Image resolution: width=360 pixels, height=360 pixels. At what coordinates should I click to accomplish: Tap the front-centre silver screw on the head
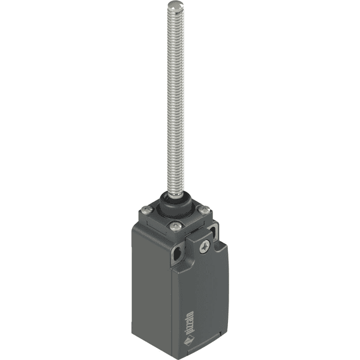[175, 226]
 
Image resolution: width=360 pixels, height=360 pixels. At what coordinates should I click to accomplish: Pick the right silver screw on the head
[205, 210]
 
